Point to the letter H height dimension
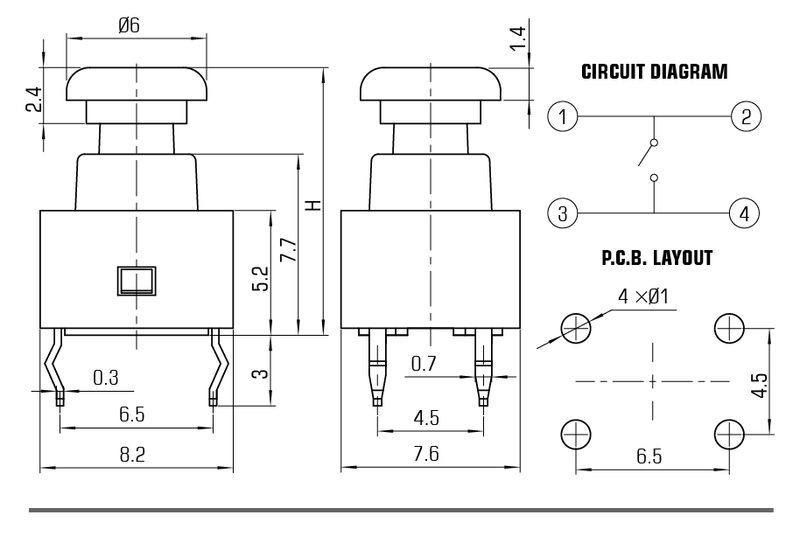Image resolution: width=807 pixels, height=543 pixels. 312,205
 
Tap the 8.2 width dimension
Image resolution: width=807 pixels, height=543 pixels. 132,455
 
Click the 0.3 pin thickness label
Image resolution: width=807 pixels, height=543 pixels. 106,378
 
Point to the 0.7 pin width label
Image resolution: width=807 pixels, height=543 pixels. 424,365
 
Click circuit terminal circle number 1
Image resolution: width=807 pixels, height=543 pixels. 563,116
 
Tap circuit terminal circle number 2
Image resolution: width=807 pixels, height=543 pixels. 746,116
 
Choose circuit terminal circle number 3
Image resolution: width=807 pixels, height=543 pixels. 563,212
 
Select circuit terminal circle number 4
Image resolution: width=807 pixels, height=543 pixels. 745,212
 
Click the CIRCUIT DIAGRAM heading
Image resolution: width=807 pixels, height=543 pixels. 654,73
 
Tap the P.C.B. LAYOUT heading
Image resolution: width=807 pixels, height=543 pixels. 656,259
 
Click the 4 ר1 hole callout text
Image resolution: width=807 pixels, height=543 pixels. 643,297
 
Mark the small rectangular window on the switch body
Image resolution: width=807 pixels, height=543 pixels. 136,281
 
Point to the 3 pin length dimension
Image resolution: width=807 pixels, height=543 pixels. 260,373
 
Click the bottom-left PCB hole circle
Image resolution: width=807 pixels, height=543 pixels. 574,434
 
